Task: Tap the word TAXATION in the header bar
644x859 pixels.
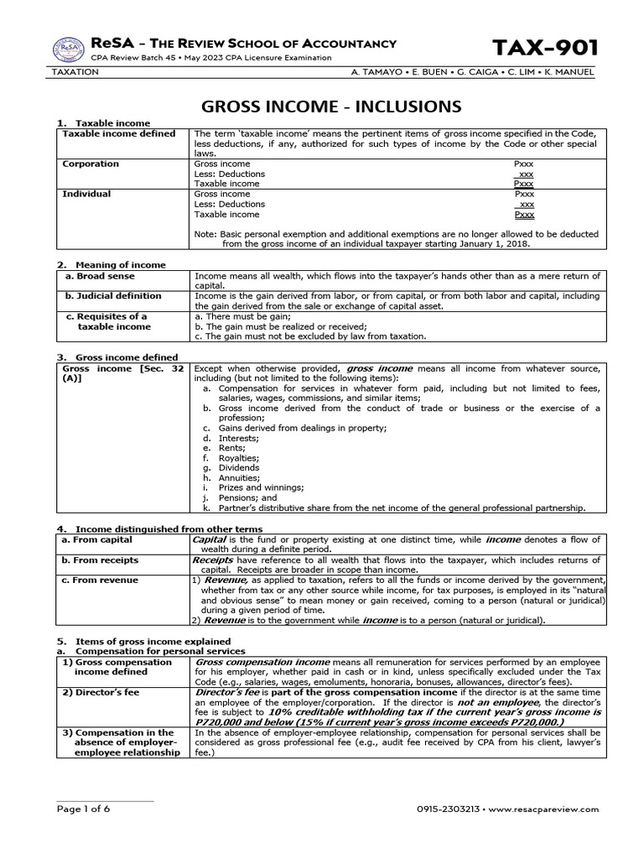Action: tap(75, 72)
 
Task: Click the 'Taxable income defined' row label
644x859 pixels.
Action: tap(119, 133)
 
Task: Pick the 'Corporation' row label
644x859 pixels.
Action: tap(91, 164)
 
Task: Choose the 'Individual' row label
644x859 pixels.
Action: tap(86, 194)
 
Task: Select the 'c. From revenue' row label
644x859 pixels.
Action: tap(101, 580)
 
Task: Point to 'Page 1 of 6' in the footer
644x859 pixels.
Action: tap(83, 809)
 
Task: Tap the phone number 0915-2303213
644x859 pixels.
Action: tap(449, 809)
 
